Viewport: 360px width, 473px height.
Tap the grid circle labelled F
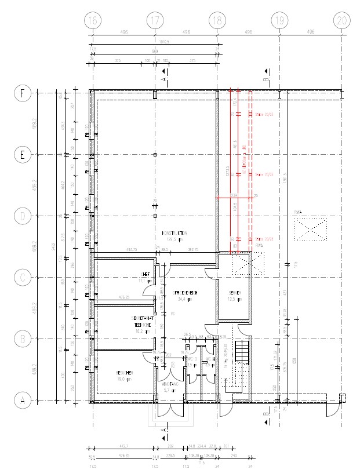[22, 93]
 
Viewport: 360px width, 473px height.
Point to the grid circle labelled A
[22, 401]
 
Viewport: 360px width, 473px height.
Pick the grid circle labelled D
[22, 216]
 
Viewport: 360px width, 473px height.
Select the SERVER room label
[235, 293]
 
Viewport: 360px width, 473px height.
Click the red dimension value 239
[234, 195]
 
